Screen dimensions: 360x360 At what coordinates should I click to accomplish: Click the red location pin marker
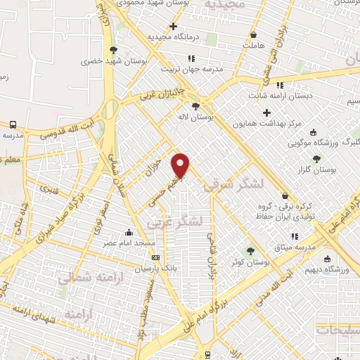(x=181, y=165)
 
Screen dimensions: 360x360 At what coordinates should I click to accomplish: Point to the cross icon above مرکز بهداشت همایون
(x=266, y=112)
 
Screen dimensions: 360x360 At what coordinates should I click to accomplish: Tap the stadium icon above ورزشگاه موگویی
(x=313, y=132)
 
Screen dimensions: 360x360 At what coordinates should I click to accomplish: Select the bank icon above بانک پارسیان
(x=155, y=257)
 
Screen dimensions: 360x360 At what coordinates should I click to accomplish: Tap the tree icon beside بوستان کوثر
(x=249, y=250)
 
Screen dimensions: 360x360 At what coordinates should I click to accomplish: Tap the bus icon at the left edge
(x=12, y=124)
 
